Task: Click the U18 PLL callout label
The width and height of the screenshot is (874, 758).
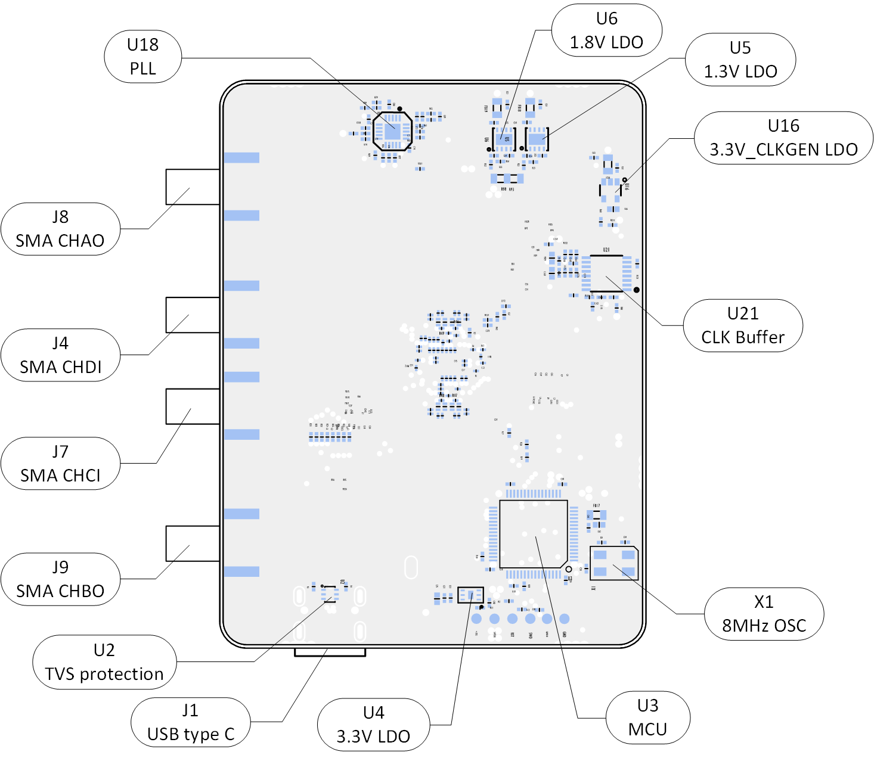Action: tap(142, 57)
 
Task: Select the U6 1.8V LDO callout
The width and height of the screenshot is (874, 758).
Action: tap(606, 30)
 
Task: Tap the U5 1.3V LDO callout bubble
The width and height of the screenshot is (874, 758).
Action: tap(740, 60)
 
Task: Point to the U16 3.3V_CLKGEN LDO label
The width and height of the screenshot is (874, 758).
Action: tap(783, 138)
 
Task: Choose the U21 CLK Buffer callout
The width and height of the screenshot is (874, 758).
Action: tap(742, 325)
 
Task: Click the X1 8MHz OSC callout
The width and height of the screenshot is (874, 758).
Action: tap(764, 614)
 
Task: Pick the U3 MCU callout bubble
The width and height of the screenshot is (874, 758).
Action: tap(647, 717)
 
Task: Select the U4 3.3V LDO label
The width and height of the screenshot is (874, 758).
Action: tap(373, 725)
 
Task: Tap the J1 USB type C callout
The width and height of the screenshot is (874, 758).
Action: tap(190, 722)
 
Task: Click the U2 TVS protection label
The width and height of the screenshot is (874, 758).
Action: tap(104, 662)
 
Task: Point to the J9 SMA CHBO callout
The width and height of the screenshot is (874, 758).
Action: tap(60, 579)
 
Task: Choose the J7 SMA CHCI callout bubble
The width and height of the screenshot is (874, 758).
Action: tap(60, 464)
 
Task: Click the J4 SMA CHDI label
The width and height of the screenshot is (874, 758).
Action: tap(60, 355)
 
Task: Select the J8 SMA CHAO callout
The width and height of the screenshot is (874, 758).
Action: tap(60, 229)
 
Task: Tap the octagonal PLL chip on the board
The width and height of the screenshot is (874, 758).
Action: tap(392, 131)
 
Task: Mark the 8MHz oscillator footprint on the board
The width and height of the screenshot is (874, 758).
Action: tap(614, 563)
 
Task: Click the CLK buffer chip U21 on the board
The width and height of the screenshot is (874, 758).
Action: tap(606, 274)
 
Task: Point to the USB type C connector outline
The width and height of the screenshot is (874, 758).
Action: tap(330, 653)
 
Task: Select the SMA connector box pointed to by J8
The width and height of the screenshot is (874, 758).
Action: tap(193, 187)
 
